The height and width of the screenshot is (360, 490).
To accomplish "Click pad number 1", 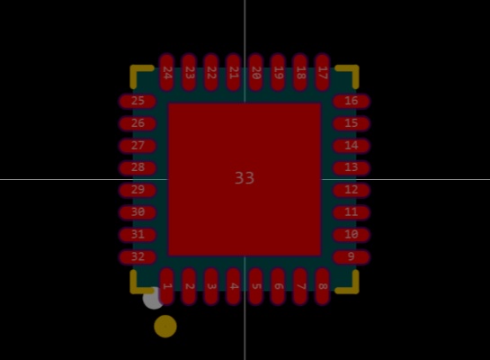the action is pos(166,286).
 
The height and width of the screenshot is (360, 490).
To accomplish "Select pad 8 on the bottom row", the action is pos(322,286).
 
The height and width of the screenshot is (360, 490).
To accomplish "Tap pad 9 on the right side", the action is pos(352,256).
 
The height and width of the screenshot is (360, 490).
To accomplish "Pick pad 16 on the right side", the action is pos(352,101).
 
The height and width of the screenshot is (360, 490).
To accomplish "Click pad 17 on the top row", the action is pos(322,73).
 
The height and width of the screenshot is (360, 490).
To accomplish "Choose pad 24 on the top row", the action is pos(166,73).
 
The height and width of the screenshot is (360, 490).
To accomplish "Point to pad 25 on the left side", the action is pos(138,101).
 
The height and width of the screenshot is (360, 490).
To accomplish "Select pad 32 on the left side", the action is pos(138,256).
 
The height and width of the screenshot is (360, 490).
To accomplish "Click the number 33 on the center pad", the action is pos(245,178).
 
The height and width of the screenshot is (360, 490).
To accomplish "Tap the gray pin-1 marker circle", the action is pos(151,300).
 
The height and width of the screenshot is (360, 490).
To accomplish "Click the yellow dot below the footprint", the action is pos(165,326).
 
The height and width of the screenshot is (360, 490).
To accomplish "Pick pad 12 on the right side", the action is pos(352,190).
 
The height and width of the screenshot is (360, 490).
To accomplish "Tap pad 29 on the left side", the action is pos(138,190).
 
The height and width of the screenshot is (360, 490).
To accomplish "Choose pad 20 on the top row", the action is pos(255,73).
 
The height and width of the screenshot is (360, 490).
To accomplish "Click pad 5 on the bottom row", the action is pos(255,286).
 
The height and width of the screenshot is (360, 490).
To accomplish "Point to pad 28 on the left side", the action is pos(138,167).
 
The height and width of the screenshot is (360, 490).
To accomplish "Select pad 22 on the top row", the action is pos(211,73).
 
